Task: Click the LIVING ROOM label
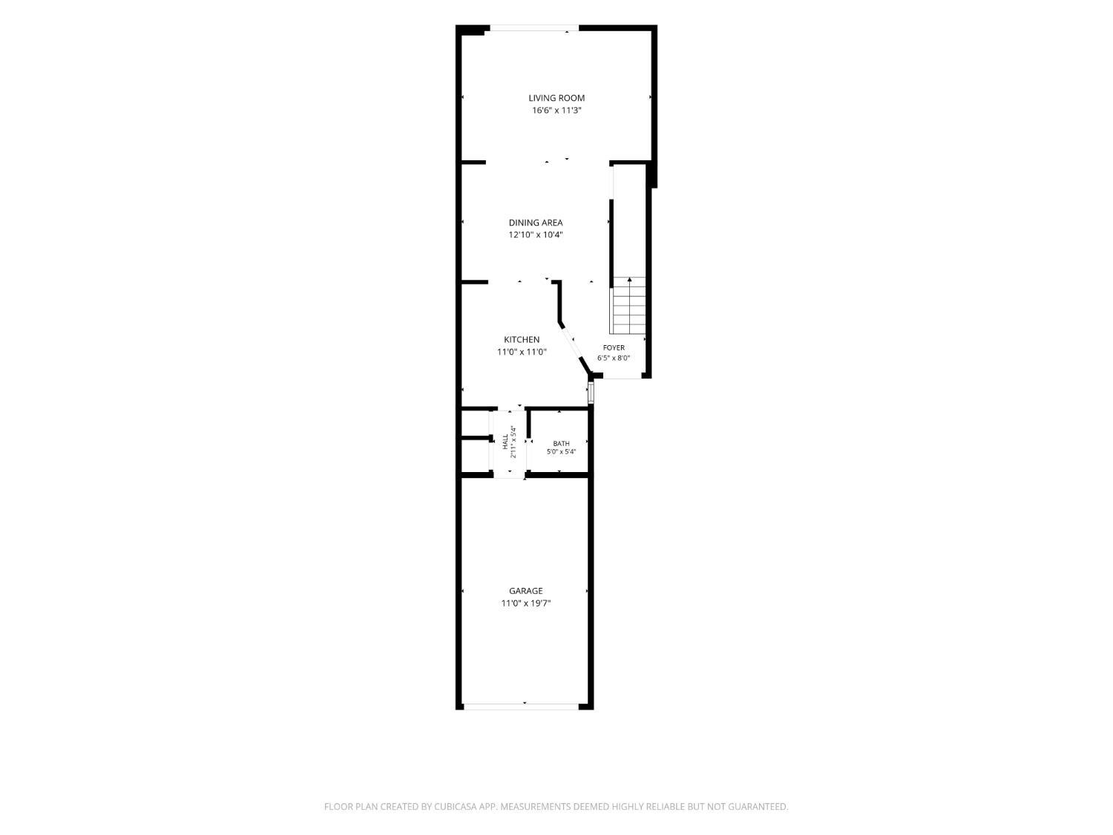[x=556, y=98]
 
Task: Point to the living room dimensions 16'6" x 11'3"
[x=556, y=111]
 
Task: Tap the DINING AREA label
[x=536, y=223]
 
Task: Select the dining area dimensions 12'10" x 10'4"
[x=536, y=235]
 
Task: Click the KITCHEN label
[x=522, y=340]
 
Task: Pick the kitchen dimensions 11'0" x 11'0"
[x=522, y=352]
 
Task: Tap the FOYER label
[x=614, y=348]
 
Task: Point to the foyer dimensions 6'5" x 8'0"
[x=614, y=358]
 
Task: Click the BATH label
[x=561, y=444]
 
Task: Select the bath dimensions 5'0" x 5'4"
[x=561, y=452]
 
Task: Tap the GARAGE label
[x=526, y=591]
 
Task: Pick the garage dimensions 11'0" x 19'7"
[x=526, y=603]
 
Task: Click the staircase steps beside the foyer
[x=628, y=306]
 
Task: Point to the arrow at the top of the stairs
[x=629, y=280]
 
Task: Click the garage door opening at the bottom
[x=521, y=706]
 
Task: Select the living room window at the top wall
[x=534, y=28]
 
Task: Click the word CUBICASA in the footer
[x=456, y=806]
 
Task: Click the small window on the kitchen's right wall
[x=591, y=393]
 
